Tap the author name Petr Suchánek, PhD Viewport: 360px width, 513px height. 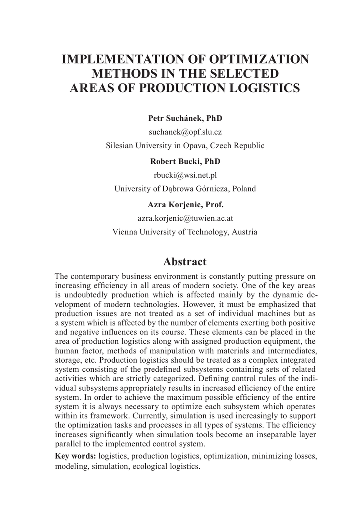coord(185,118)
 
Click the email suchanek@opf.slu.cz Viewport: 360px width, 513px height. coord(185,132)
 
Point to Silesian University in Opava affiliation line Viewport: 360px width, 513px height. coord(185,146)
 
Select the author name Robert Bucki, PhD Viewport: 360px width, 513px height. coord(185,161)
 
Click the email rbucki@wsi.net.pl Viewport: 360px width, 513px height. coord(185,175)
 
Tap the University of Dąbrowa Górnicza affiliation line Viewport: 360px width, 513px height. coord(185,189)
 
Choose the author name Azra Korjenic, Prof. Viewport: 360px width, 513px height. coord(185,204)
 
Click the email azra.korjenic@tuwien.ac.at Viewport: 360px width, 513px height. coord(185,218)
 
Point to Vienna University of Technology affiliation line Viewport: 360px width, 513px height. coord(185,232)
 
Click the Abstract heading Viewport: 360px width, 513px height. coord(185,262)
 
